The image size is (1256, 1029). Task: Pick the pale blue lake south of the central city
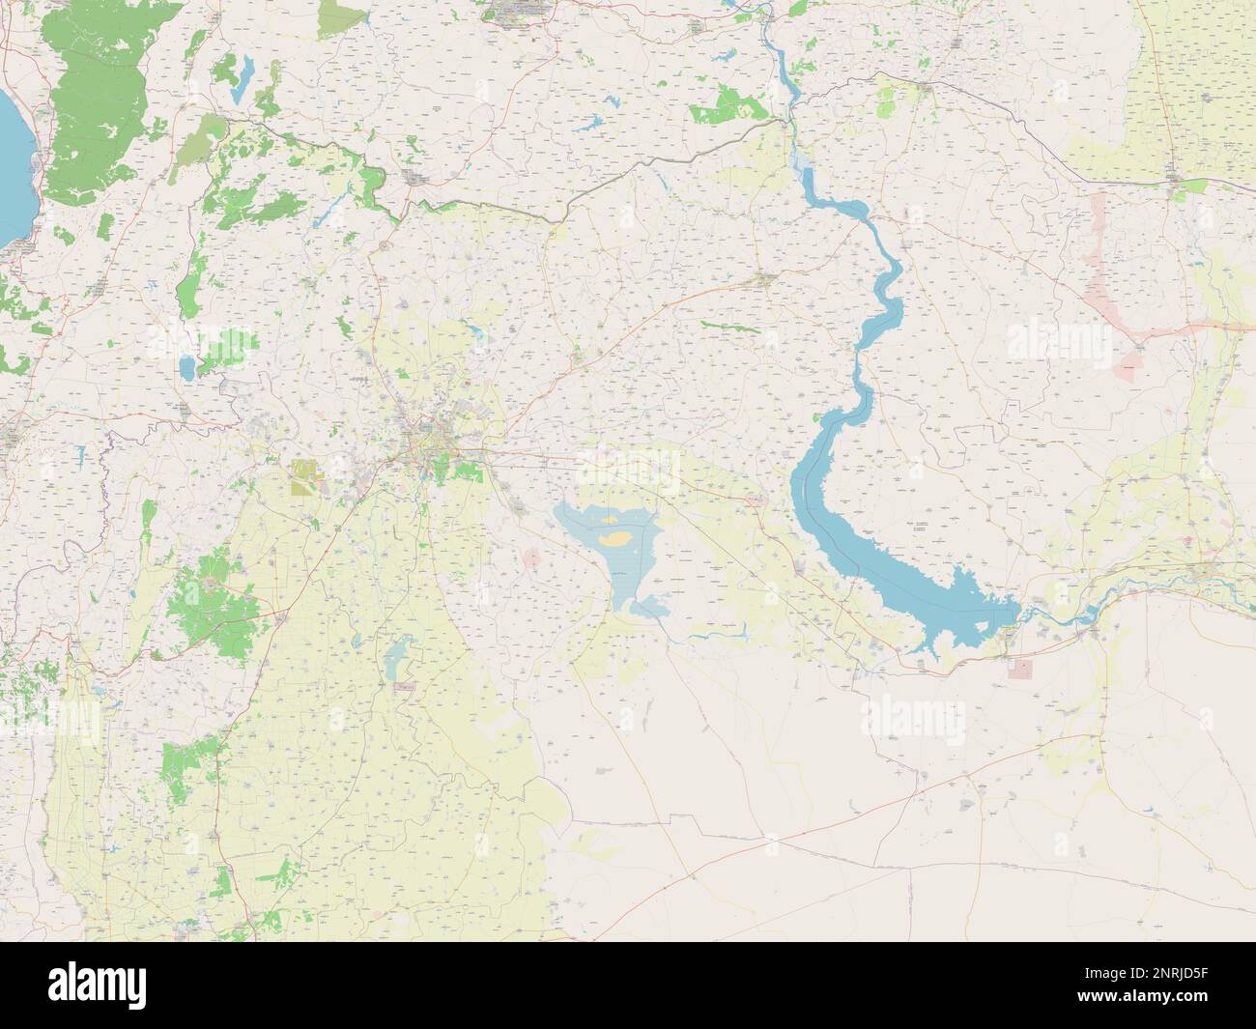(x=394, y=661)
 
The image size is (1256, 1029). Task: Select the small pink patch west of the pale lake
(x=530, y=558)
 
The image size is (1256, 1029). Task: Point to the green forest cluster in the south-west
(x=208, y=604)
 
